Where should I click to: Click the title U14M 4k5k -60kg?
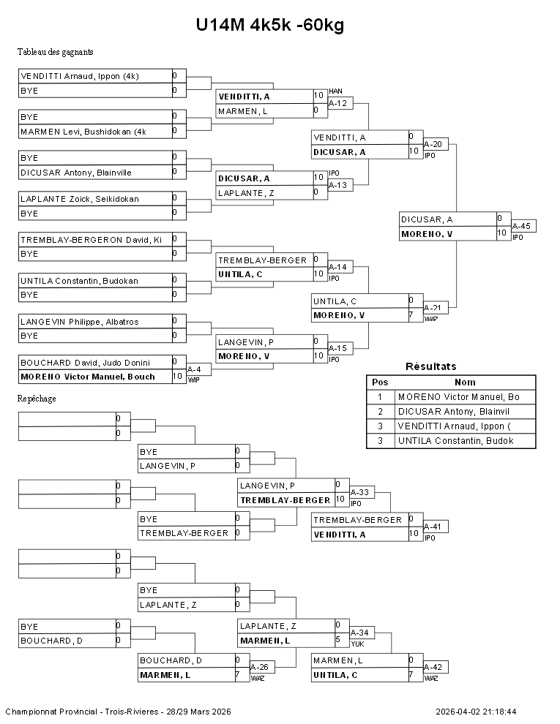pos(269,26)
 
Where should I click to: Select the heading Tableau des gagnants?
pos(55,52)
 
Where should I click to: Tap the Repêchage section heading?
pos(37,399)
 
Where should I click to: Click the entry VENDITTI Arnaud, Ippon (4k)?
pos(80,76)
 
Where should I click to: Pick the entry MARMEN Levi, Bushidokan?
pos(83,132)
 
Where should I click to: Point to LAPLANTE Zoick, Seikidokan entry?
pos(80,199)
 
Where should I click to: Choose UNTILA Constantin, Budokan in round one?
pos(79,281)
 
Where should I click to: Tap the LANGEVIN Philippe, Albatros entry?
pos(79,322)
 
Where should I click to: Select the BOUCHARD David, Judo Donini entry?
pos(85,363)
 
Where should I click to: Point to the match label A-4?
pos(194,369)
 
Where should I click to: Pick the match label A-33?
pos(361,492)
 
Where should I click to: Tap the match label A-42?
pos(434,668)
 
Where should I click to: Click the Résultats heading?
pos(431,366)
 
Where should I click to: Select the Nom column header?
pos(465,382)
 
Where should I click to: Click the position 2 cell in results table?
pos(380,411)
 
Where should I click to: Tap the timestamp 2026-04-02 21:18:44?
pos(476,711)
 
